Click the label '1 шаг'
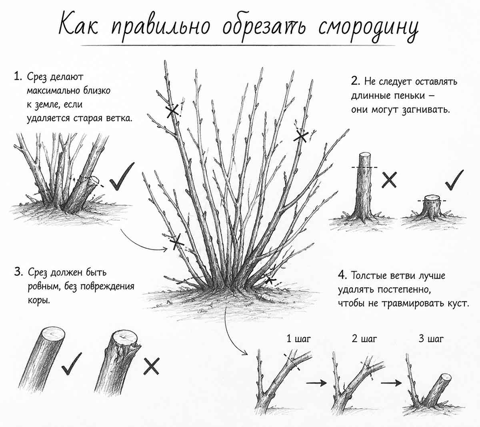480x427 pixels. click(x=298, y=339)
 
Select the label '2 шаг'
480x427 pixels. click(x=364, y=339)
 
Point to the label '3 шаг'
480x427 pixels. click(x=431, y=339)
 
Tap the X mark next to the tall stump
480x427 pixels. click(x=389, y=180)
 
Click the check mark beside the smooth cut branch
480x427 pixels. click(x=71, y=363)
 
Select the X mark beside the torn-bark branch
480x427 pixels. click(x=151, y=366)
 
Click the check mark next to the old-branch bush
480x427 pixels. click(x=122, y=177)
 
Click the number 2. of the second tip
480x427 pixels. click(x=356, y=81)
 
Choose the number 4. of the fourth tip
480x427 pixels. click(x=342, y=275)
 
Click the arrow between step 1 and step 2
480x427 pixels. click(x=316, y=383)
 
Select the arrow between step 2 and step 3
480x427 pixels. click(x=391, y=383)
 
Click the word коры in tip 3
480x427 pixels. click(x=39, y=300)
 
